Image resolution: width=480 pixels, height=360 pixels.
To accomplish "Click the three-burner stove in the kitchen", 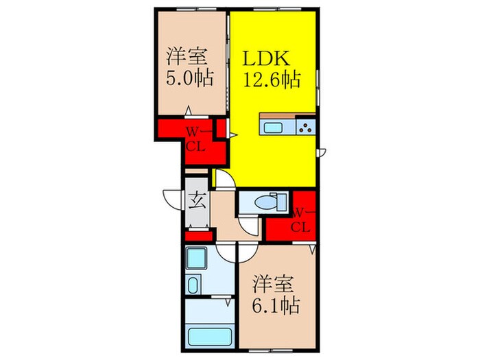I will pos(305,127).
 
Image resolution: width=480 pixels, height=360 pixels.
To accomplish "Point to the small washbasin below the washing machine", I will pos(193,284).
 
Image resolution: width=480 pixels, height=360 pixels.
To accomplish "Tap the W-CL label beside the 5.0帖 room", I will pos(195,137).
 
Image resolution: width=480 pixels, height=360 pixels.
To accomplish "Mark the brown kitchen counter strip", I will pos(287,115).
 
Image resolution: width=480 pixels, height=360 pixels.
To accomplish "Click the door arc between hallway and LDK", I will pos(226,178).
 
